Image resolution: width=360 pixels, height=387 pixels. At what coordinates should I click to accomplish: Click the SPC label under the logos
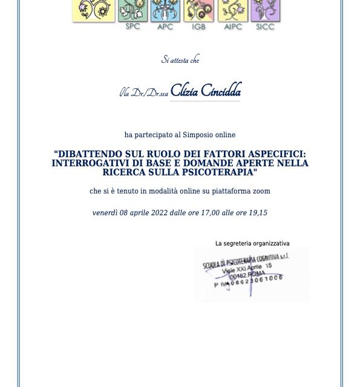[132, 27]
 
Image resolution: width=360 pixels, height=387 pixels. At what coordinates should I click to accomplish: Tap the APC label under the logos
[165, 27]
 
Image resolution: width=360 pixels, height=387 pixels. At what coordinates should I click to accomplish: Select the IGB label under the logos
[198, 27]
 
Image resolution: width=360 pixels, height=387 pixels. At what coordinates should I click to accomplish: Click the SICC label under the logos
[265, 27]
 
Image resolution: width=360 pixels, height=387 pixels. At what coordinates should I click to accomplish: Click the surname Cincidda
[221, 91]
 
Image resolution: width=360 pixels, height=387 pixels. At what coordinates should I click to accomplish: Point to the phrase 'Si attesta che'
[180, 59]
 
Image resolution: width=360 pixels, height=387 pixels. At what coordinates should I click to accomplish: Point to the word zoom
[261, 191]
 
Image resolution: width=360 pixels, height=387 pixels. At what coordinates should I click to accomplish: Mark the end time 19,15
[257, 213]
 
